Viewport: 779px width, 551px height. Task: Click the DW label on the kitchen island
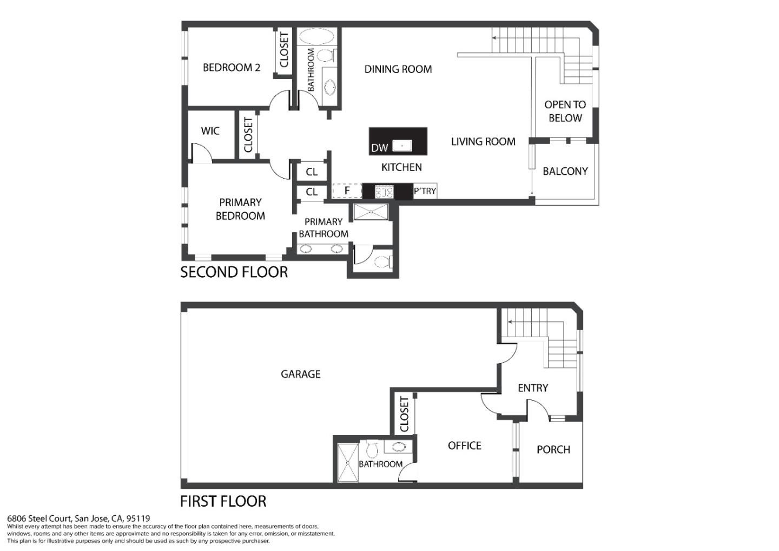click(x=379, y=148)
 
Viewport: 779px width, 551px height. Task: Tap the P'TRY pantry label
click(x=425, y=191)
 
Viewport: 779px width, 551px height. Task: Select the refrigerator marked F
click(x=347, y=191)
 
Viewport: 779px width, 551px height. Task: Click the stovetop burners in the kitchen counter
click(x=384, y=192)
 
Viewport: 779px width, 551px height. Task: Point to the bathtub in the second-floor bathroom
click(x=316, y=36)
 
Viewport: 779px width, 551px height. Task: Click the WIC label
click(x=210, y=131)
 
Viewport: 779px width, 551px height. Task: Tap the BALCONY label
click(x=565, y=171)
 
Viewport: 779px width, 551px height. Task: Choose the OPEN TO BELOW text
click(x=565, y=111)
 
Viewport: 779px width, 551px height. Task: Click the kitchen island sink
click(x=402, y=146)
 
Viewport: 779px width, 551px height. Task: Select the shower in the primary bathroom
click(x=371, y=212)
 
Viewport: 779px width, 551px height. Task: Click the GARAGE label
click(x=300, y=375)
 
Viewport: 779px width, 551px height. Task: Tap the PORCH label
click(x=553, y=450)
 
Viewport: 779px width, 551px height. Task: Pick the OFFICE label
click(x=465, y=445)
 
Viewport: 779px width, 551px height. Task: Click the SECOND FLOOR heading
click(x=234, y=272)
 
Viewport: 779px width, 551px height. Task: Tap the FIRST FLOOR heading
click(x=223, y=501)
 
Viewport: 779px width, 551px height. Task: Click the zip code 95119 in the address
click(x=138, y=519)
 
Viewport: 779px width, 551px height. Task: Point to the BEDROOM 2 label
click(x=232, y=68)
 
